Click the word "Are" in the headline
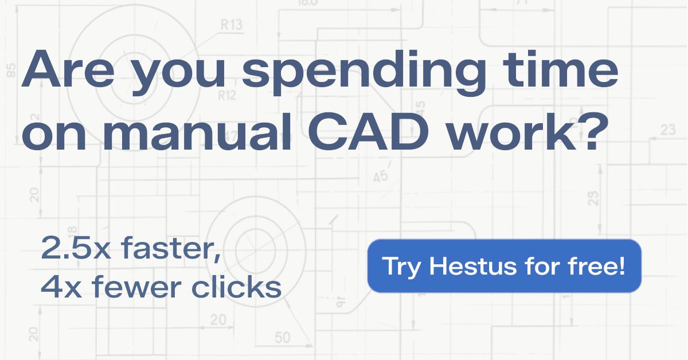68,69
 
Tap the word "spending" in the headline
364,72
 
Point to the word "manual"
197,131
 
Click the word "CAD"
369,131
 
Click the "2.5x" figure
76,248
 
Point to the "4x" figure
61,287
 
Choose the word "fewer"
136,286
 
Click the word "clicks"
236,286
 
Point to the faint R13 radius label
231,25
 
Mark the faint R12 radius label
227,96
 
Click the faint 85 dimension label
11,71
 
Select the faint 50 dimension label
282,338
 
